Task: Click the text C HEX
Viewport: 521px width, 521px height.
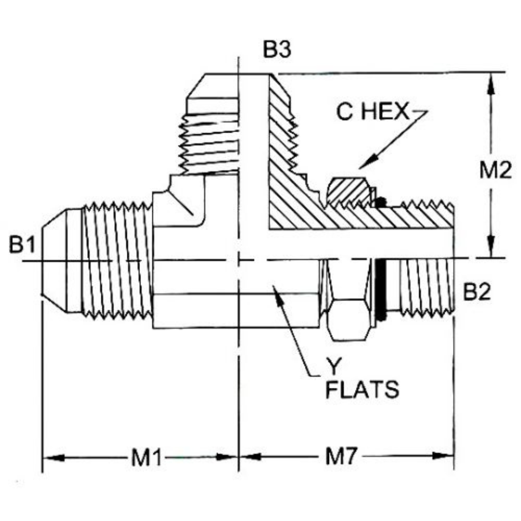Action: [372, 113]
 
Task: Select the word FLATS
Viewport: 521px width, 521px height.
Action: [362, 389]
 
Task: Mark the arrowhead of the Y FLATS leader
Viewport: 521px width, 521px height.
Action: [276, 291]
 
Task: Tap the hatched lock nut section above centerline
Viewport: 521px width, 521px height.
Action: [347, 191]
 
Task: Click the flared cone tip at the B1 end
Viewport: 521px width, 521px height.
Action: [53, 260]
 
